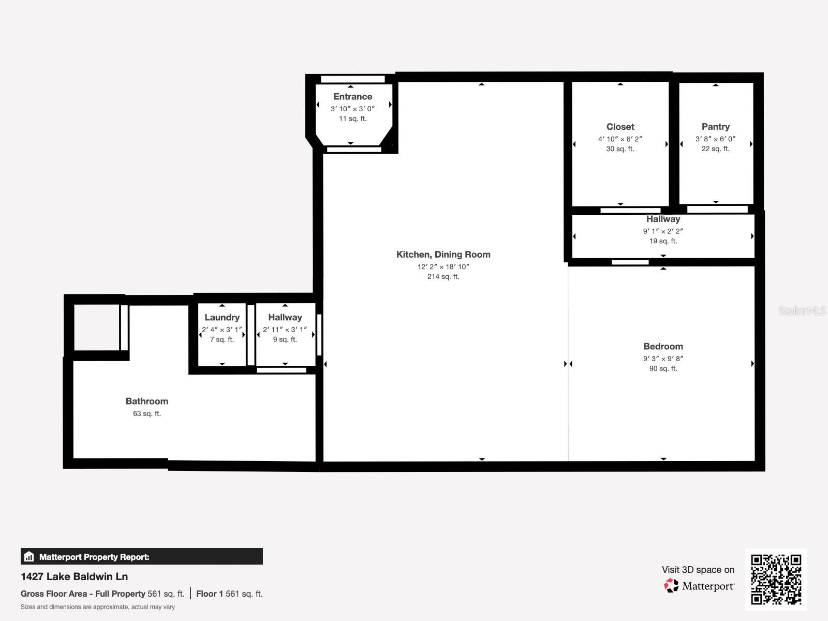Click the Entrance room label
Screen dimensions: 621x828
(x=352, y=97)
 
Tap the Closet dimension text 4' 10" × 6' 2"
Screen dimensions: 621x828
(x=620, y=139)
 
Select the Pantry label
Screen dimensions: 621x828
(x=715, y=127)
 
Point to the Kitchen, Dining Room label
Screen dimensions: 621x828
(x=443, y=255)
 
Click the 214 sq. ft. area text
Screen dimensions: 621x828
(x=443, y=277)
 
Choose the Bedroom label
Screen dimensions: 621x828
(x=663, y=347)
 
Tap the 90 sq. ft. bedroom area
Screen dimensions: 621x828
(x=663, y=369)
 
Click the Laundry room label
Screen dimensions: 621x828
(x=221, y=318)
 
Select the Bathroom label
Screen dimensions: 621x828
(x=146, y=402)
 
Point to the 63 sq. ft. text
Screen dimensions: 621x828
(x=146, y=414)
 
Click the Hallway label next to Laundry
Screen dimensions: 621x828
(x=285, y=318)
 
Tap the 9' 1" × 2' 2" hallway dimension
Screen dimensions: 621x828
(x=663, y=231)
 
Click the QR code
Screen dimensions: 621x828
(x=776, y=579)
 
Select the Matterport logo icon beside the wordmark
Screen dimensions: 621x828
(x=671, y=586)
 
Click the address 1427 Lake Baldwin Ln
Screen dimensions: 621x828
(x=74, y=576)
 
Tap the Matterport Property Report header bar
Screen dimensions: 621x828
(x=141, y=557)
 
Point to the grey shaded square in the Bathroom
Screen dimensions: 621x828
(x=96, y=328)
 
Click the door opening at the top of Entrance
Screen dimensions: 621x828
(x=352, y=79)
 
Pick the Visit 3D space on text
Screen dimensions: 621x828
(x=698, y=570)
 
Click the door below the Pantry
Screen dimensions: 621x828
(x=717, y=209)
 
